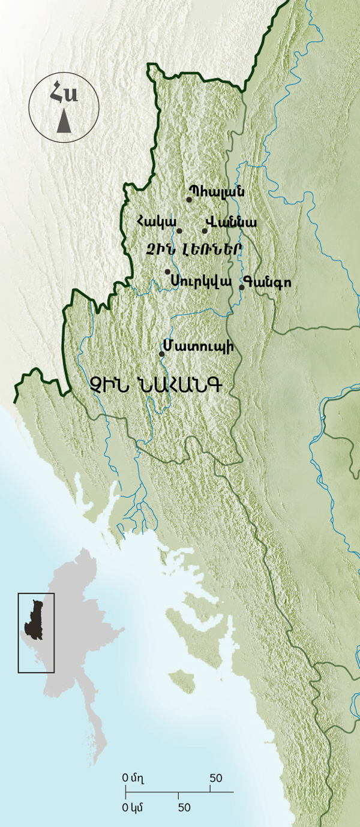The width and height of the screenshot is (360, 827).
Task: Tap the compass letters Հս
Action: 64,95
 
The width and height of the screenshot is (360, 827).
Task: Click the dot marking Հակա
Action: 179,231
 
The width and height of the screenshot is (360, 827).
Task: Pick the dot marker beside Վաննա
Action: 205,231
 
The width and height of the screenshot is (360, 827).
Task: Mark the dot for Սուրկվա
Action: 168,272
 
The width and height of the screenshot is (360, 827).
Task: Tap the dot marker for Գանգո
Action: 242,287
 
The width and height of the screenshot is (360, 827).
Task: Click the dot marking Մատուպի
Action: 161,354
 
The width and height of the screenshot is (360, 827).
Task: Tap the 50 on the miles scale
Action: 216,778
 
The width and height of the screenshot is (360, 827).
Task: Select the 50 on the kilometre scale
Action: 184,807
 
